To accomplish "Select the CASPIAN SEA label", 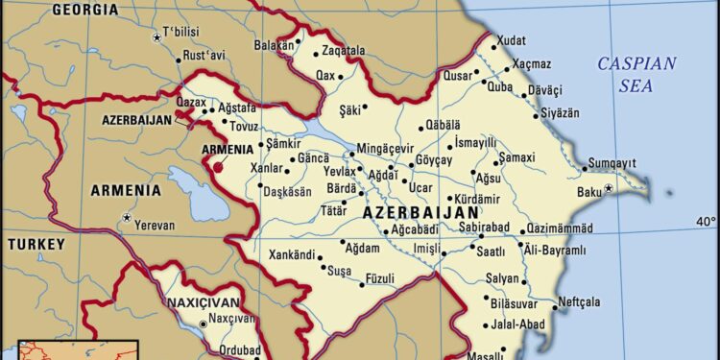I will coord(637,75).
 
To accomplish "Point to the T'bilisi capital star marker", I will coord(157,37).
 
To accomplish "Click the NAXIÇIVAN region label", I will coord(202,300).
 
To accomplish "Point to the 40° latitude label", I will coord(706,222).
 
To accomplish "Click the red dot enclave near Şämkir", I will coord(218,167).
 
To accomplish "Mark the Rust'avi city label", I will coord(203,57).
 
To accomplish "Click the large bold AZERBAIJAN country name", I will coord(420,211).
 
